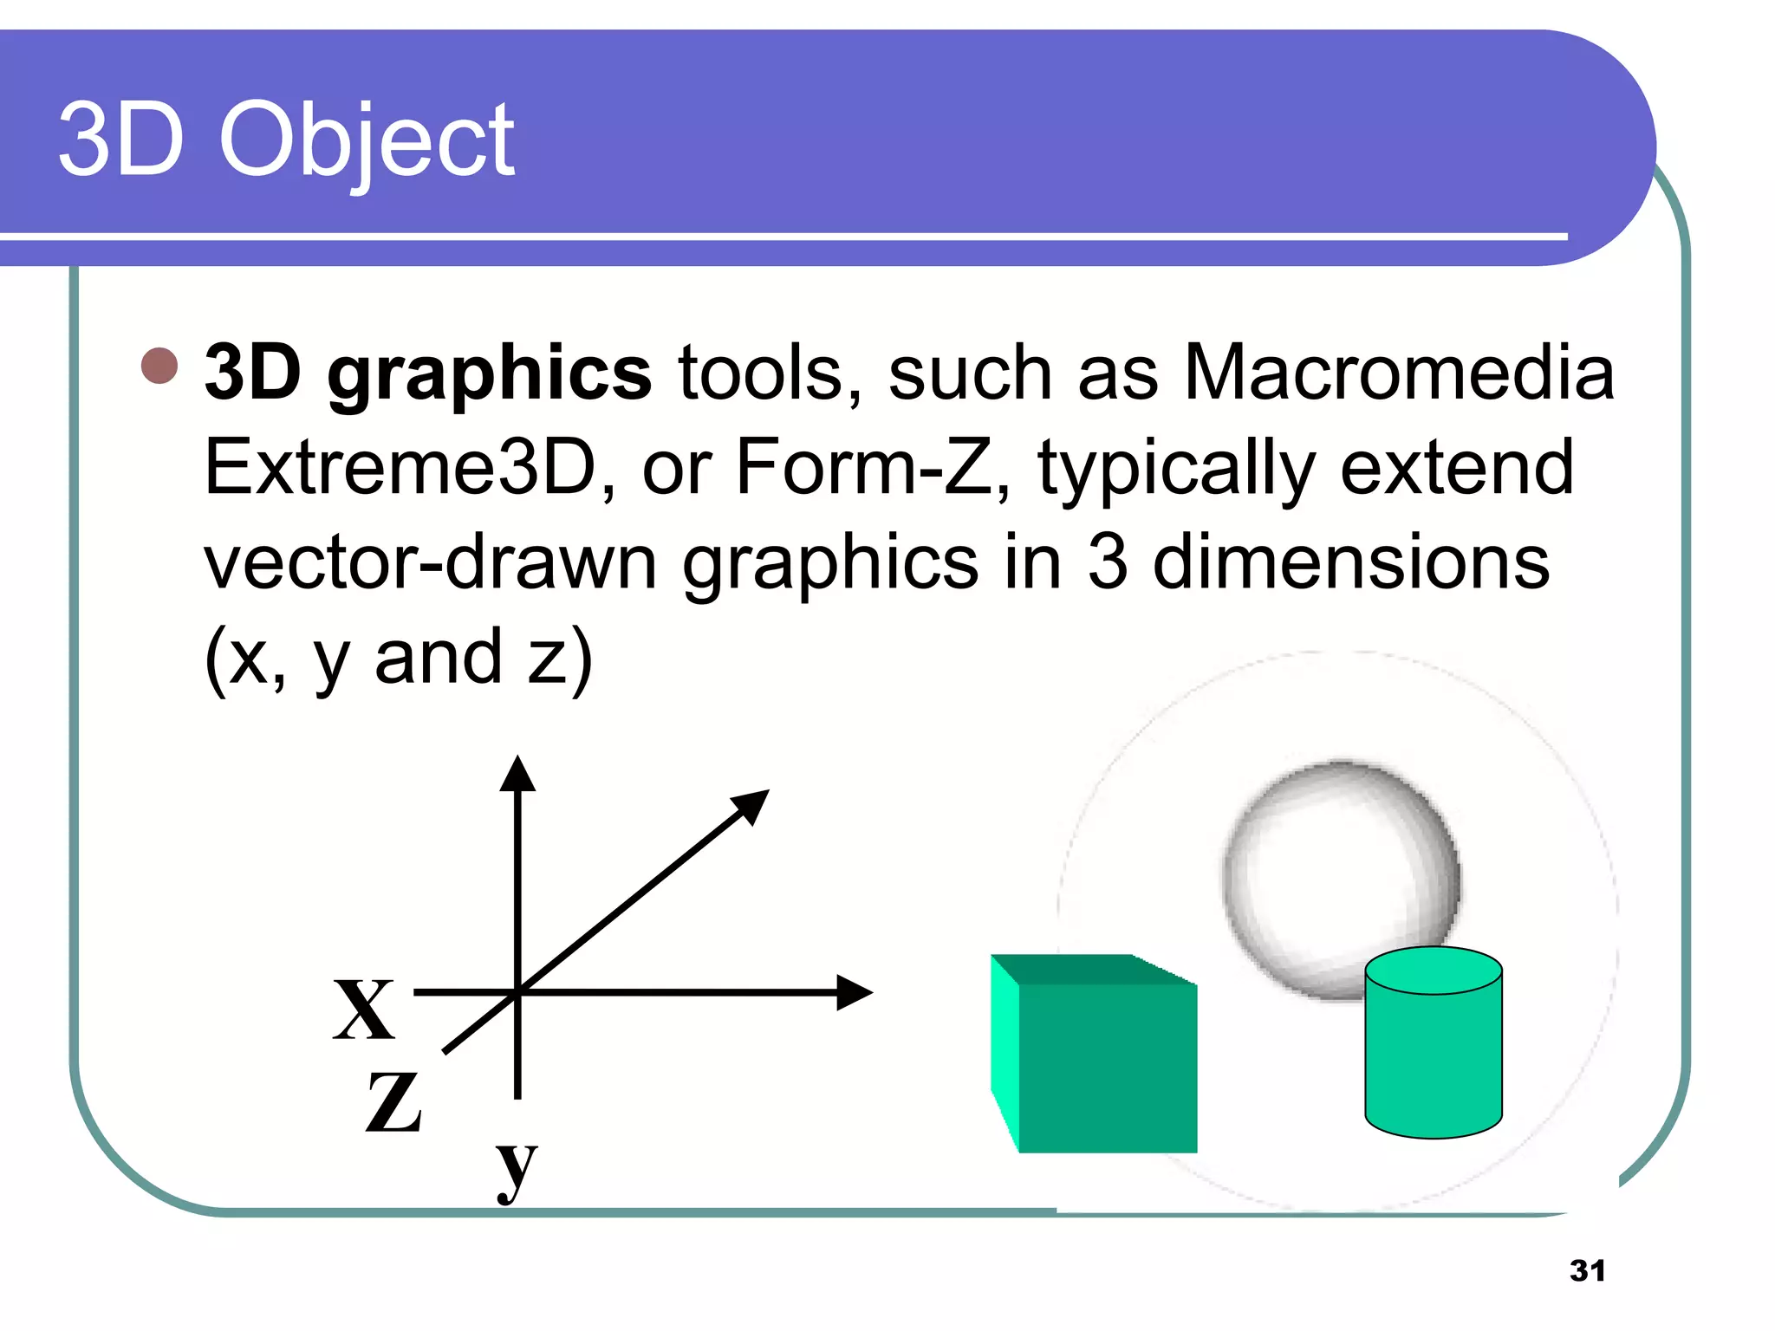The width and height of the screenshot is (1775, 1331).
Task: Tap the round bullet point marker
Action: click(x=159, y=366)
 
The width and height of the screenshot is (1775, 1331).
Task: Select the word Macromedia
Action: click(x=1398, y=373)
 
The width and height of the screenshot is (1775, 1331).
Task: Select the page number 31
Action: click(x=1587, y=1270)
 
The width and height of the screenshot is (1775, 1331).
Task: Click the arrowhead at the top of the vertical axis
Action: click(x=517, y=774)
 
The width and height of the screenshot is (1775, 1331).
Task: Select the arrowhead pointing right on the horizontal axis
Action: click(x=853, y=993)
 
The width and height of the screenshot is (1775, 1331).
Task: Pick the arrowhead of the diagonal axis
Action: click(x=751, y=806)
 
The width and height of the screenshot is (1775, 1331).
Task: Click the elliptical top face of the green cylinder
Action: click(x=1434, y=971)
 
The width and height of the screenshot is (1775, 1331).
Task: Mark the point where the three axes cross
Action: click(x=517, y=993)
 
